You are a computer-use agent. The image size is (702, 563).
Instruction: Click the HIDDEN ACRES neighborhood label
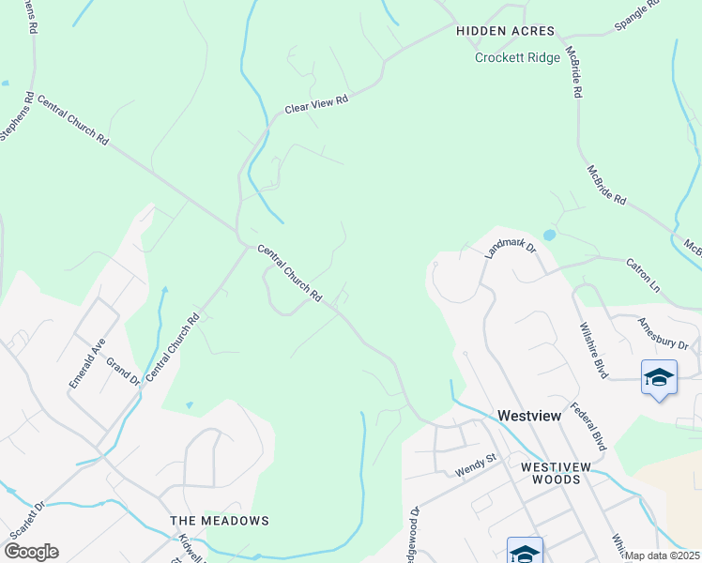coord(506,31)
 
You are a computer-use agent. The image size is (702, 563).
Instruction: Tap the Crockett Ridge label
coord(517,57)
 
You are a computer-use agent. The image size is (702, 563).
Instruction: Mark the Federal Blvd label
coord(589,423)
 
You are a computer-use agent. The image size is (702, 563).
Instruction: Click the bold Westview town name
coord(529,415)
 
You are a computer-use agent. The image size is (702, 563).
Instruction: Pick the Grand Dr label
coord(122,372)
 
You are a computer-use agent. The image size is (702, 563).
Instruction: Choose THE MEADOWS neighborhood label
coord(220,521)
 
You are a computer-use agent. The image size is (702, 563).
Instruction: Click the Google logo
coord(31,552)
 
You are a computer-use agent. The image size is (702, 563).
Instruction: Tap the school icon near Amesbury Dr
coord(659,377)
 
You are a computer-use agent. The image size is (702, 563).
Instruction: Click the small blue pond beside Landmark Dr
coord(549,235)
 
